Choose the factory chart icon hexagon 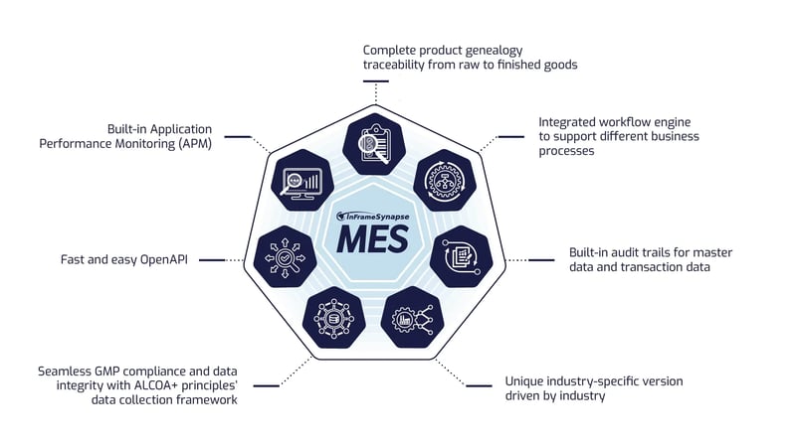click(x=411, y=318)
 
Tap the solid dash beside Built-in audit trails click(x=541, y=259)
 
